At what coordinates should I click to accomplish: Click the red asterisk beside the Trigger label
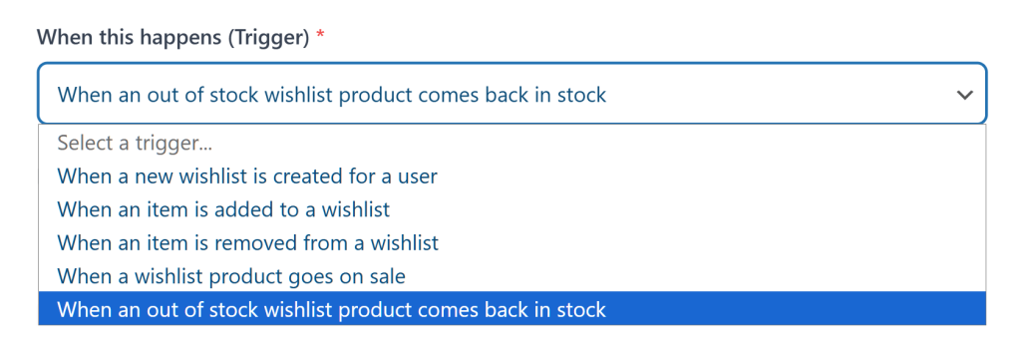[x=320, y=36]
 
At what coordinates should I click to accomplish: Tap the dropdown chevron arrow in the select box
[x=964, y=95]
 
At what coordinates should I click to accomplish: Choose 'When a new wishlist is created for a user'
[x=247, y=177]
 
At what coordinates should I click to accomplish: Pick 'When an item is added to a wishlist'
[x=223, y=209]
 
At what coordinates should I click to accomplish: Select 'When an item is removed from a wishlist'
[x=247, y=242]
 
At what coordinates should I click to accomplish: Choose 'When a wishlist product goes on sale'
[x=231, y=275]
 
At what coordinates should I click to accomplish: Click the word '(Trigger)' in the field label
[x=267, y=36]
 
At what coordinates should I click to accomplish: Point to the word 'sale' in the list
[x=386, y=275]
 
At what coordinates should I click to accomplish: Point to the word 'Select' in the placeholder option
[x=84, y=143]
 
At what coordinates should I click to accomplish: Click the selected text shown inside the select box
[x=331, y=95]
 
